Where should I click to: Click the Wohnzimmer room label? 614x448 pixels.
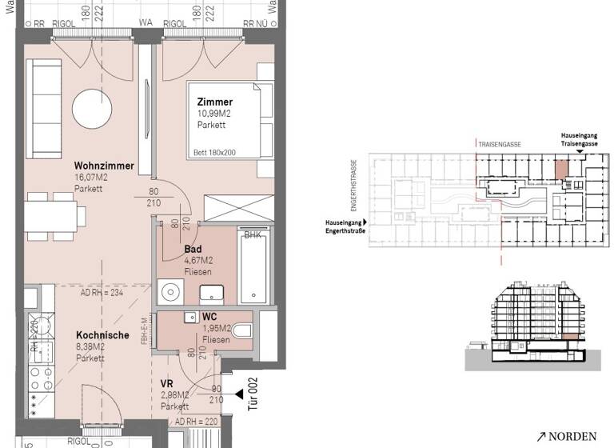[x=104, y=166]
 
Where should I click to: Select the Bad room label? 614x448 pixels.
[x=192, y=249]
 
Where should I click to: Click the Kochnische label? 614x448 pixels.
[x=103, y=335]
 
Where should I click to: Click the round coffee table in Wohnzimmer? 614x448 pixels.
[x=94, y=106]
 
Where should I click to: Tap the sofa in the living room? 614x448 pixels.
[x=45, y=109]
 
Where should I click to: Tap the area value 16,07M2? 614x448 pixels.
[x=93, y=178]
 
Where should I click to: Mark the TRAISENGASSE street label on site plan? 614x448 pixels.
[x=500, y=144]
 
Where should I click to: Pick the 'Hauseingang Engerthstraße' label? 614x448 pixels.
[x=343, y=226]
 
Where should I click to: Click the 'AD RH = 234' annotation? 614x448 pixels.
[x=102, y=293]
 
